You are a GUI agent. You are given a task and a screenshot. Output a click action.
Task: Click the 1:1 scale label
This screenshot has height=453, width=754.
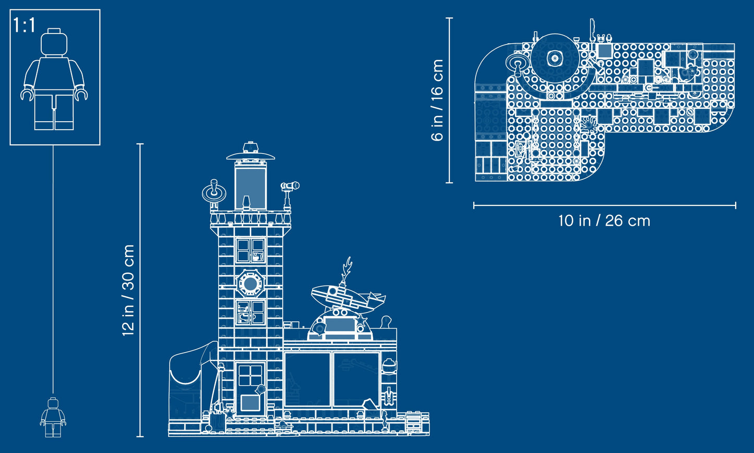point(24,25)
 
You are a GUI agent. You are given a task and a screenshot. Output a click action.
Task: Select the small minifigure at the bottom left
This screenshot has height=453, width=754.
point(53,417)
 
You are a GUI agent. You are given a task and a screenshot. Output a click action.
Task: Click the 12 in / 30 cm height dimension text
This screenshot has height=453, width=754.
point(128,290)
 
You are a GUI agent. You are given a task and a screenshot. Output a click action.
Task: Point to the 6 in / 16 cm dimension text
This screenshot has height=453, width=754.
point(437,100)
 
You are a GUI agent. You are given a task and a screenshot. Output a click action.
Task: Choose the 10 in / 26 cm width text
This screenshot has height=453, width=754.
point(604,220)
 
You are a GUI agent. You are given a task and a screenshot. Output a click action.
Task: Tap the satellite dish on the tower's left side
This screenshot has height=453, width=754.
point(214,192)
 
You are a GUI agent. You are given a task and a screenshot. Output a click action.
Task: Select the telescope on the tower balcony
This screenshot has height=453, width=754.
point(290,185)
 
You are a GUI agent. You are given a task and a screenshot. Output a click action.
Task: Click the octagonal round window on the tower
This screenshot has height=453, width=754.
point(250,284)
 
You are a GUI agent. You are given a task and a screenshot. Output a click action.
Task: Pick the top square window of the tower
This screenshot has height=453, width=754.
point(250,250)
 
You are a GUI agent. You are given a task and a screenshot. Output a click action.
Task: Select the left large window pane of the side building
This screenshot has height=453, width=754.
point(307,379)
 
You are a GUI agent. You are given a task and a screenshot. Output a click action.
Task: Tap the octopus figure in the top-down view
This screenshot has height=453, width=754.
point(589,124)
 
